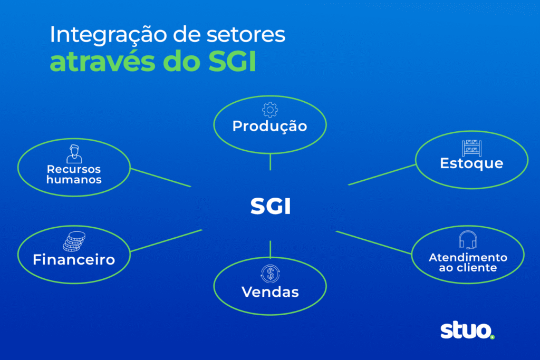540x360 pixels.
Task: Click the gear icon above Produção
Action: click(269, 110)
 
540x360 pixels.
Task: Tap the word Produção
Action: click(269, 127)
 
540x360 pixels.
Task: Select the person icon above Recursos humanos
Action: click(74, 153)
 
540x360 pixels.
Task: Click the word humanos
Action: click(74, 180)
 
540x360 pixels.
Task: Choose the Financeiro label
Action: click(74, 260)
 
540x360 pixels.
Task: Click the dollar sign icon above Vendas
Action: click(270, 274)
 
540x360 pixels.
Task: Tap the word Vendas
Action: click(270, 292)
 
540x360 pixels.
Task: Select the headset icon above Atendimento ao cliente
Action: click(468, 240)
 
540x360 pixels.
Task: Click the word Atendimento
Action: click(468, 257)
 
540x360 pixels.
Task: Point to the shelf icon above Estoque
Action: click(471, 148)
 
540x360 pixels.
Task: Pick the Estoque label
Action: click(471, 163)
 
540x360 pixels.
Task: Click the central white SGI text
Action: click(270, 206)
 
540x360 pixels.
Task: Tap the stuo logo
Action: click(467, 331)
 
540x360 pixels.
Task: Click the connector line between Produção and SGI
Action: click(270, 161)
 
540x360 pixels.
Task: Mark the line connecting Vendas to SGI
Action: click(270, 248)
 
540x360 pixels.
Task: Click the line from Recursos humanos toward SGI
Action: click(160, 178)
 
